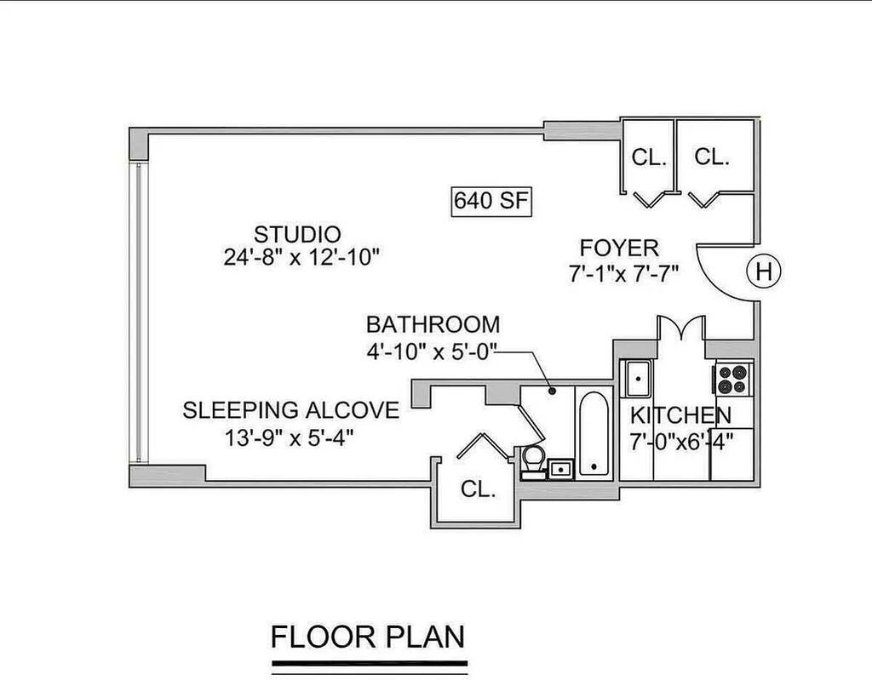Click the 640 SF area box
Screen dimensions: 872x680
click(491, 200)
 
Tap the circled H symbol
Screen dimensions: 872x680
click(764, 271)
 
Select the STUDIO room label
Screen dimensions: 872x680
click(297, 234)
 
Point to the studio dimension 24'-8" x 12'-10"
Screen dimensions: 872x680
click(301, 257)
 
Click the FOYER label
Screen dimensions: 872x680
click(620, 248)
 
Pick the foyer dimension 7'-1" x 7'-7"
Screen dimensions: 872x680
click(624, 273)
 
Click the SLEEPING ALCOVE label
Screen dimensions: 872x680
click(291, 410)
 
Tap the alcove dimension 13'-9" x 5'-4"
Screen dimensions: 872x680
click(290, 438)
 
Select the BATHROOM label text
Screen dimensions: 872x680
click(433, 324)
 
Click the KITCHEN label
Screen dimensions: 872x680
click(680, 415)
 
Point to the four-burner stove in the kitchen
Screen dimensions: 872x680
click(732, 380)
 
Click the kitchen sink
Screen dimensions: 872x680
click(638, 379)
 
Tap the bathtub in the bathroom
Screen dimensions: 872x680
click(594, 434)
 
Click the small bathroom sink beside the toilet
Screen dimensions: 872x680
click(561, 469)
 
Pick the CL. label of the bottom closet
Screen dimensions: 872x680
click(479, 489)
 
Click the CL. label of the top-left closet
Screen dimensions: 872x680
click(649, 157)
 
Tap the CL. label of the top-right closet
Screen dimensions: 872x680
click(712, 157)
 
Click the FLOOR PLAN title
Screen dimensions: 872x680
click(368, 637)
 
